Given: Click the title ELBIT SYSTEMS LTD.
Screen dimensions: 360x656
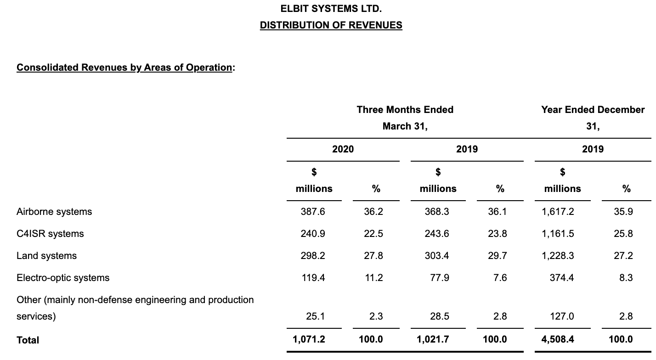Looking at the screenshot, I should [331, 8].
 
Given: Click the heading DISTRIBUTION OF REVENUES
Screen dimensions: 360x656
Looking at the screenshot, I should [331, 25].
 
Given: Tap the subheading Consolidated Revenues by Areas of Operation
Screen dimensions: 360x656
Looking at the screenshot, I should [124, 67].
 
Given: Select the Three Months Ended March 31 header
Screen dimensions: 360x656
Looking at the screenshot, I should [405, 118].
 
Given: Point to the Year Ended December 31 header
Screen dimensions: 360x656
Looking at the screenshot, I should [593, 118].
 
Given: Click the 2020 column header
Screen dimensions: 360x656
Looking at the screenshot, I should [343, 149].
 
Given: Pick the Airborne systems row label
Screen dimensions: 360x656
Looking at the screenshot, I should [54, 212].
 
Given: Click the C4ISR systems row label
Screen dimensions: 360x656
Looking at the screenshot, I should [50, 234].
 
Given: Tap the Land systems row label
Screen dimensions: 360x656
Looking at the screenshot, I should [46, 256].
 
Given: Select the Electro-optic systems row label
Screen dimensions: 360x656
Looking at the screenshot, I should [63, 278].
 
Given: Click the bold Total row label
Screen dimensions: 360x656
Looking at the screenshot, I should [28, 340].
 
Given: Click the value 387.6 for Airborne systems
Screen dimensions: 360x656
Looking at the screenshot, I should [313, 212].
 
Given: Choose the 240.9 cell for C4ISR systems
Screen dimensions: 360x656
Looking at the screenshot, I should [313, 234].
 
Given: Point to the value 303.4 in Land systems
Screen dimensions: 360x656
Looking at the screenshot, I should [437, 256].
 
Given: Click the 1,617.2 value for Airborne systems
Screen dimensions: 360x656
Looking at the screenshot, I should [558, 212].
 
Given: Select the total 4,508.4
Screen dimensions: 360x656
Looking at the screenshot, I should [558, 340].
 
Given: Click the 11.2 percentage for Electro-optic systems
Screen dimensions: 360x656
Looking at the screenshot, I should [373, 278].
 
